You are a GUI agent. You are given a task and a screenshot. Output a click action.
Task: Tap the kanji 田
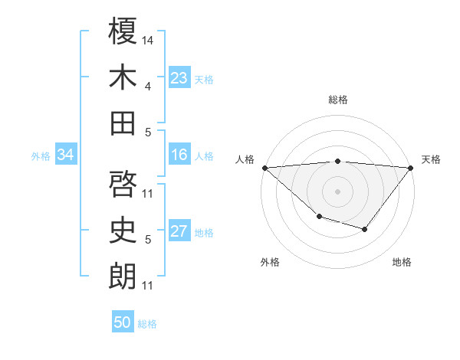pyautogui.click(x=123, y=123)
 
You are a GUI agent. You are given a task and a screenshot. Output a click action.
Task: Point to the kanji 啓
pyautogui.click(x=123, y=184)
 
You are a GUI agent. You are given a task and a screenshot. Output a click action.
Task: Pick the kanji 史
pyautogui.click(x=123, y=230)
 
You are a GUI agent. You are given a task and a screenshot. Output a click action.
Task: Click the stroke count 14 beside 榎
pyautogui.click(x=148, y=39)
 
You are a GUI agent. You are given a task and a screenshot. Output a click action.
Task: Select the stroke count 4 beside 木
pyautogui.click(x=148, y=87)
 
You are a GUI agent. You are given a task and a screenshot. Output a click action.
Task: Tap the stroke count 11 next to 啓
pyautogui.click(x=148, y=193)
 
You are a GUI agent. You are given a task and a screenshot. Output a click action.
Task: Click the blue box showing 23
pyautogui.click(x=179, y=78)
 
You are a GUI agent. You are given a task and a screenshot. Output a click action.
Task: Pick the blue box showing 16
pyautogui.click(x=179, y=155)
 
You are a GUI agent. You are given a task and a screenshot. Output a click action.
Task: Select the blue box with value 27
pyautogui.click(x=179, y=232)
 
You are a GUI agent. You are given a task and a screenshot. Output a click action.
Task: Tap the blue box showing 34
pyautogui.click(x=65, y=155)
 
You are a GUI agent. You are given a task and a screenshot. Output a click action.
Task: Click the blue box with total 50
pyautogui.click(x=123, y=322)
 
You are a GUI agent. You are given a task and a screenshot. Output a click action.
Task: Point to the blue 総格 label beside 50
pyautogui.click(x=147, y=324)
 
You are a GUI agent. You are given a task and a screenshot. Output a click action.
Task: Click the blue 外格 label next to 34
pyautogui.click(x=41, y=156)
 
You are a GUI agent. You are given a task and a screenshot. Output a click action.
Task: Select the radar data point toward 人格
pyautogui.click(x=264, y=167)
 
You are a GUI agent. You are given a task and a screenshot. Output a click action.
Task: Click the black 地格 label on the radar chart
pyautogui.click(x=402, y=263)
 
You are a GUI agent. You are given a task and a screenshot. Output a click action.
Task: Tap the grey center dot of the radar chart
pyautogui.click(x=337, y=191)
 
